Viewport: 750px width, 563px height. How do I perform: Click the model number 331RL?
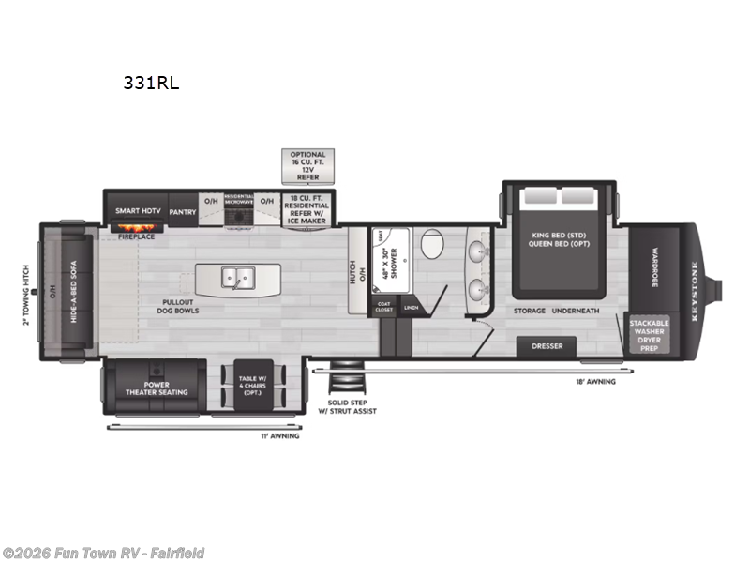[150, 83]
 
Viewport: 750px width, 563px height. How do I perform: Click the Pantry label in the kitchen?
[183, 212]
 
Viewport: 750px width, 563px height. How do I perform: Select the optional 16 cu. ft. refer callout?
[307, 166]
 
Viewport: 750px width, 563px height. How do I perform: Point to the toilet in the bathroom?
[432, 246]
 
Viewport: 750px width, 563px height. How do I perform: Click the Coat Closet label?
[383, 307]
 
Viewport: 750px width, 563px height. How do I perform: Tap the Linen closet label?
[411, 307]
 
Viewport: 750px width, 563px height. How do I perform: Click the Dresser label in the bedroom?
[547, 346]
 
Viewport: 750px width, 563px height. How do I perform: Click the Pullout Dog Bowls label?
[178, 306]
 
